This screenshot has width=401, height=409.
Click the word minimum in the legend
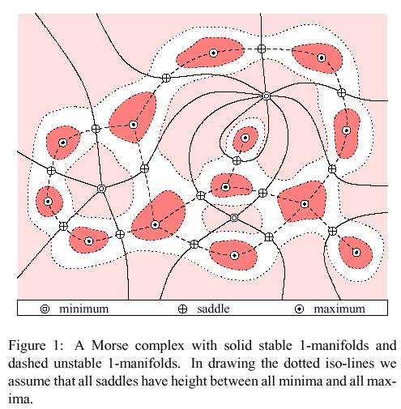click(x=83, y=309)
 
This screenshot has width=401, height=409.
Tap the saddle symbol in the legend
click(x=182, y=309)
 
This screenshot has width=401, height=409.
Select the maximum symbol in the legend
click(x=299, y=309)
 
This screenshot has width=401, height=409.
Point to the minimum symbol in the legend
click(x=45, y=309)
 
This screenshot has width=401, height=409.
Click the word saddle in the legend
click(x=213, y=309)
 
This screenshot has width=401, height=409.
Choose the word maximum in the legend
click(x=339, y=309)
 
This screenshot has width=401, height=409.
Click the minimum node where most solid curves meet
click(x=267, y=96)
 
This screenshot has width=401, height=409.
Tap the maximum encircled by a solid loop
click(x=245, y=138)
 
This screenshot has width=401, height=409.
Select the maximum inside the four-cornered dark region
click(x=305, y=204)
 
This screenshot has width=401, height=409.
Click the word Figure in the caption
click(x=27, y=346)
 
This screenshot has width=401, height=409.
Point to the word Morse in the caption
click(x=109, y=346)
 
